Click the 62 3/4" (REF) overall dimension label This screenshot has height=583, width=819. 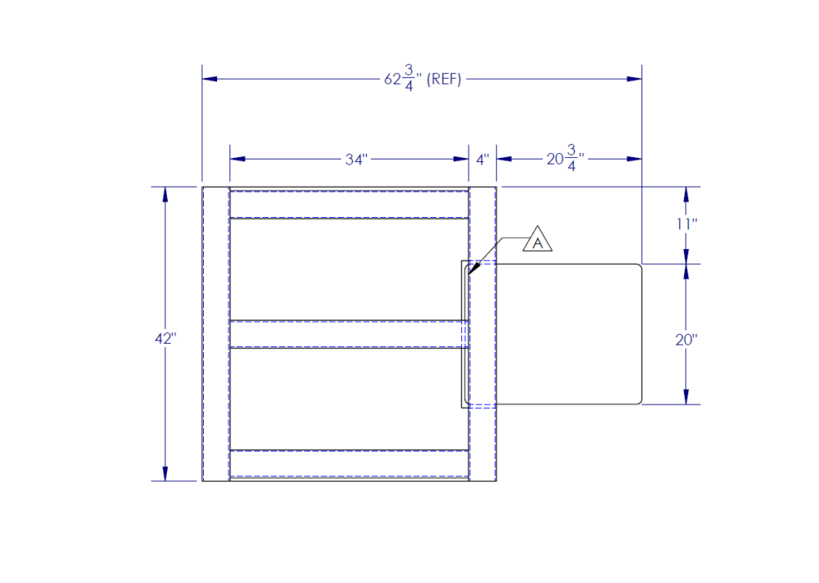point(423,79)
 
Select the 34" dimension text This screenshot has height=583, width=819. point(356,160)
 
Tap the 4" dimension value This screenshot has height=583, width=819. point(482,160)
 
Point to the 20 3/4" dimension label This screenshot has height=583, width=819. point(565,158)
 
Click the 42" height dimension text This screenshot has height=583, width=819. point(165,338)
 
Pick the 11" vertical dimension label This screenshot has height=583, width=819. point(686,224)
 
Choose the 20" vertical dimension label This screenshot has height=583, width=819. point(686,340)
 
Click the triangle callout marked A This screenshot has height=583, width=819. point(537,240)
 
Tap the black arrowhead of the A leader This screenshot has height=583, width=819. point(473,269)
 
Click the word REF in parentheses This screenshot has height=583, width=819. point(444,79)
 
